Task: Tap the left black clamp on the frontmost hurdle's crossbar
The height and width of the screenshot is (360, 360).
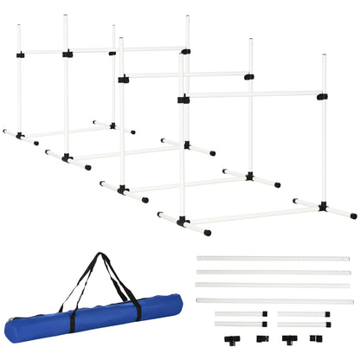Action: (183, 100)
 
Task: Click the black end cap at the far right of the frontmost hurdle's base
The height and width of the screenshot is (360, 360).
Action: (353, 215)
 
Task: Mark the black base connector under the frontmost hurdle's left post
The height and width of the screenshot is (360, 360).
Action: (183, 222)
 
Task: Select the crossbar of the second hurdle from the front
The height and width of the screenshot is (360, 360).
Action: (186, 76)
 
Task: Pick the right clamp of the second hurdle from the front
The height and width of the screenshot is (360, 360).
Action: (249, 77)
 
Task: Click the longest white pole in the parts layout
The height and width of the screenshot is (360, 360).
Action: (274, 300)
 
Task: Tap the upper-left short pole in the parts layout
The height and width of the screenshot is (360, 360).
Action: (239, 313)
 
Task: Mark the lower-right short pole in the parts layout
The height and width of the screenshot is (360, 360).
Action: (303, 325)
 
